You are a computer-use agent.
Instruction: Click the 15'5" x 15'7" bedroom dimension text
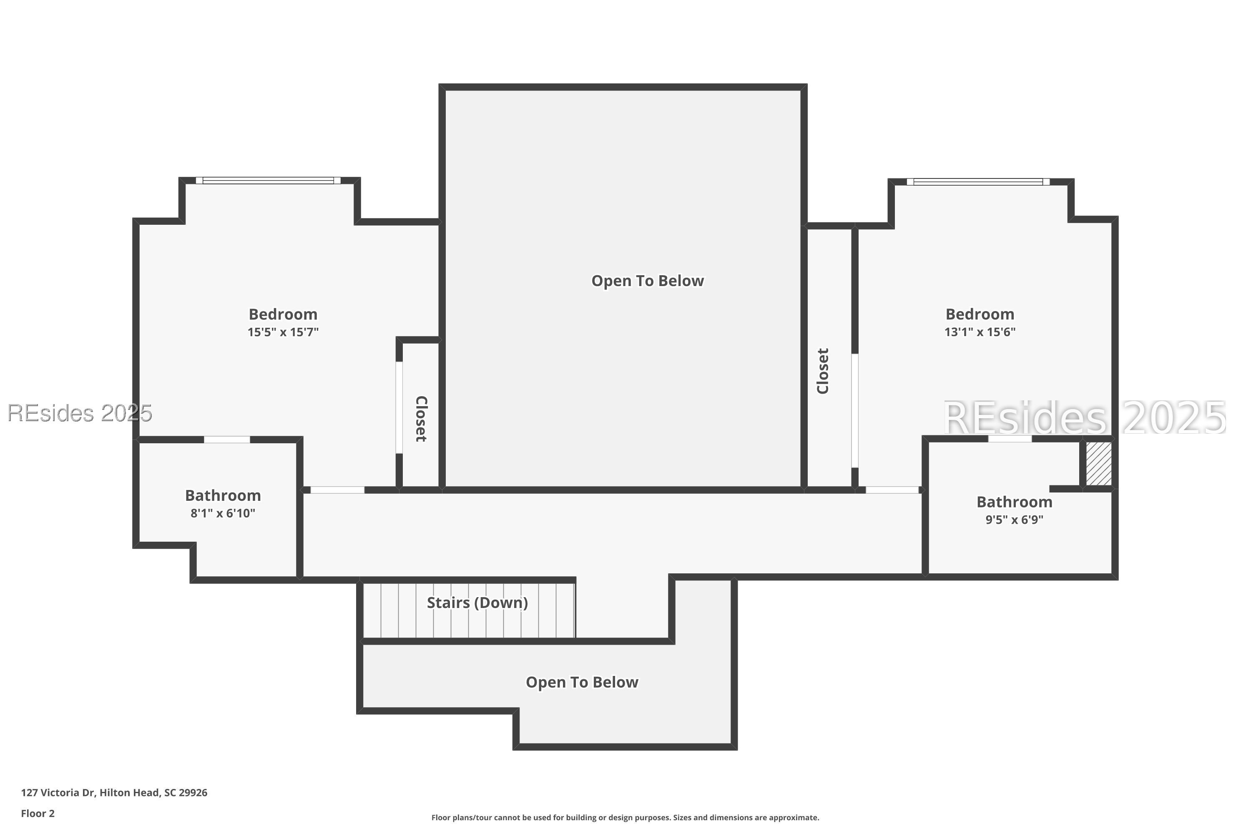pos(283,332)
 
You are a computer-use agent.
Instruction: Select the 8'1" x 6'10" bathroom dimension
pos(223,514)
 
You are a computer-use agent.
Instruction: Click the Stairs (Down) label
pos(477,603)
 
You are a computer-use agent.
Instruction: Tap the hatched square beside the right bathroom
pos(1098,464)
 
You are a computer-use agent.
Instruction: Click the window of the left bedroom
pos(268,180)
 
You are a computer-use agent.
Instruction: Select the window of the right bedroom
pos(978,182)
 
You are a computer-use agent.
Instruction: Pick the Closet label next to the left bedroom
pos(421,419)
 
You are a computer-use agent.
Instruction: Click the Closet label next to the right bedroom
pos(823,371)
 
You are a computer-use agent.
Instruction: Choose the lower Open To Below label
pos(582,682)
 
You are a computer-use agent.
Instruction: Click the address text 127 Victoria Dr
pos(58,793)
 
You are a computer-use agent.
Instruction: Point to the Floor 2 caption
pos(38,813)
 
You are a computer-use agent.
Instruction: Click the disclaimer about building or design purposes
pos(625,817)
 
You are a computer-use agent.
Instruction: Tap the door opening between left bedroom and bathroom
pos(227,440)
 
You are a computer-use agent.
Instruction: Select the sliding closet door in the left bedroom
pos(399,407)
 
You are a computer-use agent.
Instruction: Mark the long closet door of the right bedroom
pos(855,411)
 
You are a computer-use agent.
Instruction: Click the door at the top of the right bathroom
pos(1010,439)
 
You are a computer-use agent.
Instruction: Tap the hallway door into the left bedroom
pos(338,490)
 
